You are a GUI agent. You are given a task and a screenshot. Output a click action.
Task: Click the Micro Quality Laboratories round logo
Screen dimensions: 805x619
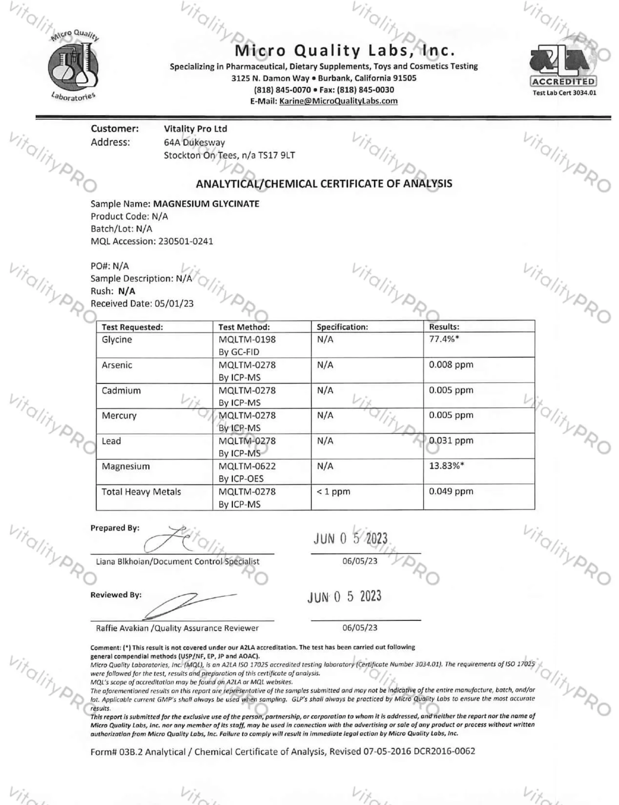[x=73, y=66]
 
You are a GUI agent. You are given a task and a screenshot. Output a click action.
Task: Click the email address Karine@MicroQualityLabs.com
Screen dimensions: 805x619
[x=338, y=101]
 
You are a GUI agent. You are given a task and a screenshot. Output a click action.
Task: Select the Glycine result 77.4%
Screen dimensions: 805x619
[x=444, y=339]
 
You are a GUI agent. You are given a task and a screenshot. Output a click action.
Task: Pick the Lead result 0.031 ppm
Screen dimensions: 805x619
[x=451, y=440]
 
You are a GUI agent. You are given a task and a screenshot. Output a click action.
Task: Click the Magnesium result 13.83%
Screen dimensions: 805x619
[x=447, y=466]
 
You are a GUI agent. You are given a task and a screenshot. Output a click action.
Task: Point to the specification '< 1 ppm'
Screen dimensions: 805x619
[x=333, y=492]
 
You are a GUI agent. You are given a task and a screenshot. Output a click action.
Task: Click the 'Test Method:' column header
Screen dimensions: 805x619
[x=244, y=327]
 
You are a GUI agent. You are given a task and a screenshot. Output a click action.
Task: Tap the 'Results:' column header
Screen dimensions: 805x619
[x=444, y=327]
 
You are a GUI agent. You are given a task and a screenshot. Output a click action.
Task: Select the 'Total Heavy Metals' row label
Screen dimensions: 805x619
[x=141, y=492]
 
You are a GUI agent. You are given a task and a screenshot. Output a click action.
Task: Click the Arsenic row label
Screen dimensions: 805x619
[x=117, y=365]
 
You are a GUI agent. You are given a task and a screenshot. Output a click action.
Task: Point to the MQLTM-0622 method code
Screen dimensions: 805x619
[x=247, y=466]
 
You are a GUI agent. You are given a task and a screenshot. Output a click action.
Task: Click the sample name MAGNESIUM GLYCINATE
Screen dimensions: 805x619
[x=206, y=204]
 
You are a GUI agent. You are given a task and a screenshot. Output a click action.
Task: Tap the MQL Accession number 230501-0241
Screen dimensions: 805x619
[x=186, y=241]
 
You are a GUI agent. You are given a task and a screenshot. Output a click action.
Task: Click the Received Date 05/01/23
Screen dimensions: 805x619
[x=174, y=303]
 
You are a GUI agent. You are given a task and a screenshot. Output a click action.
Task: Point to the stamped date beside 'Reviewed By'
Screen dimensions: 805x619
[x=345, y=597]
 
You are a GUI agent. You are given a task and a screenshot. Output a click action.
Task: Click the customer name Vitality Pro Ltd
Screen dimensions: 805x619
[x=196, y=129]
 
